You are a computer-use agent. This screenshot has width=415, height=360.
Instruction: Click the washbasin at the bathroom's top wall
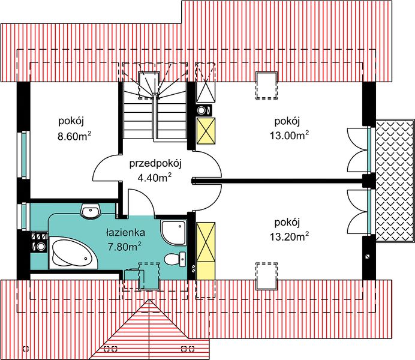pyautogui.click(x=91, y=211)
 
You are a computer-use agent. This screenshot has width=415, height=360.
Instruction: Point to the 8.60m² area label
pyautogui.click(x=74, y=136)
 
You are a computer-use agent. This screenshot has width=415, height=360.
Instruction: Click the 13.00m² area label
pyautogui.click(x=289, y=135)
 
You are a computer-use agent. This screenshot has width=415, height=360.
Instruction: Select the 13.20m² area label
pyautogui.click(x=289, y=236)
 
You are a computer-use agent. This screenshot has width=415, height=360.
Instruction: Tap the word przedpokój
pyautogui.click(x=155, y=164)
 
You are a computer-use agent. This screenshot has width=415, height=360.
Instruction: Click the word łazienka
pyautogui.click(x=125, y=233)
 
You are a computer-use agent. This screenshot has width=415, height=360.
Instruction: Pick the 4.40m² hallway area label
pyautogui.click(x=154, y=178)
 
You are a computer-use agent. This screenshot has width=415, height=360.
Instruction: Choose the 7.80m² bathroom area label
pyautogui.click(x=124, y=247)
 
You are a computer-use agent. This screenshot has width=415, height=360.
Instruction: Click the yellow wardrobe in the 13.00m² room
pyautogui.click(x=206, y=131)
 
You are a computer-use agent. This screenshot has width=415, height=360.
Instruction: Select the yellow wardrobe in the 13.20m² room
pyautogui.click(x=206, y=251)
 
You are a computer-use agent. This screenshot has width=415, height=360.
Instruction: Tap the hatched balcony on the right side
pyautogui.click(x=395, y=181)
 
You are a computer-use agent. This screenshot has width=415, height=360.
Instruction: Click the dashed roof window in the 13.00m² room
pyautogui.click(x=266, y=85)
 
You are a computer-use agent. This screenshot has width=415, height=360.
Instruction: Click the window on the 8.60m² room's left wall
pyautogui.click(x=23, y=155)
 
